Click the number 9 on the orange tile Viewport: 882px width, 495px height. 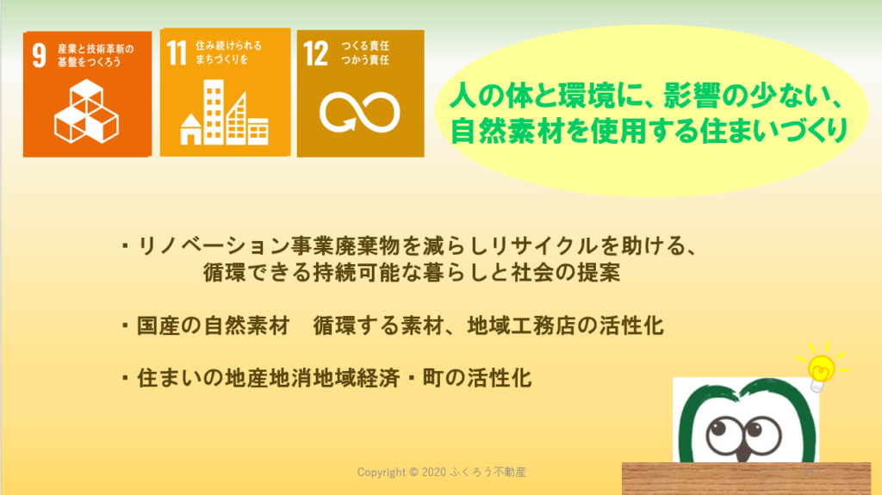coord(39,55)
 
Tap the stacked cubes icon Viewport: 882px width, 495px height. coord(87,111)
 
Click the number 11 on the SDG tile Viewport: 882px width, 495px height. coord(177,53)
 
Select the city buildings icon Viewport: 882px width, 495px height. coord(225,112)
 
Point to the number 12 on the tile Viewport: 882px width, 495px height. coord(315,54)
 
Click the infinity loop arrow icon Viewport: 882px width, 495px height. coord(359,113)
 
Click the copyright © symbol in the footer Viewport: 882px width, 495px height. coord(413,472)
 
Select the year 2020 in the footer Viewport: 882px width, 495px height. coord(434,472)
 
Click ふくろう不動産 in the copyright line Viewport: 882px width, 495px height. coord(488,472)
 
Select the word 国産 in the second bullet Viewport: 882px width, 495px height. coord(158,325)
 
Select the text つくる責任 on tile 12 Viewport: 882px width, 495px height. coord(365,46)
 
